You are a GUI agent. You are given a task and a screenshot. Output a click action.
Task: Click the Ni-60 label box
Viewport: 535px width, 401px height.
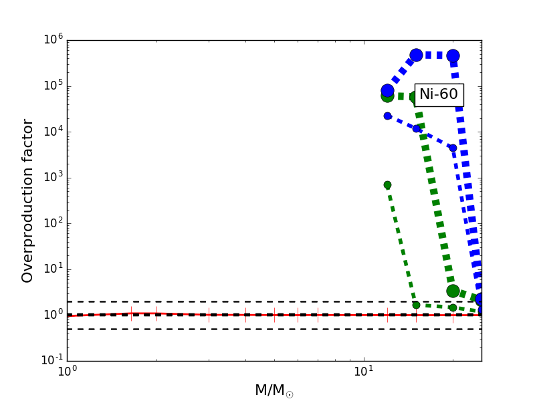pyautogui.click(x=439, y=94)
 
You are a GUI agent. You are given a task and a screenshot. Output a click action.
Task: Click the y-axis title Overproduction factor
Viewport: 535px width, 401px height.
pyautogui.click(x=28, y=200)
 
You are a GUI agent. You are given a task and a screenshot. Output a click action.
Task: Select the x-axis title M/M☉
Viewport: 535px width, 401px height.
pyautogui.click(x=274, y=390)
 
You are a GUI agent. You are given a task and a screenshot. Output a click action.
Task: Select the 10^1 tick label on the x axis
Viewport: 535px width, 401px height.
pyautogui.click(x=363, y=373)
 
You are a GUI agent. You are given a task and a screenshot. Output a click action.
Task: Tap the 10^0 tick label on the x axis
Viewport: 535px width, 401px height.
pyautogui.click(x=67, y=373)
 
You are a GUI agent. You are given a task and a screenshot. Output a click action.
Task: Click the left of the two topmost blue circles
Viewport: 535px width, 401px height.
pyautogui.click(x=416, y=55)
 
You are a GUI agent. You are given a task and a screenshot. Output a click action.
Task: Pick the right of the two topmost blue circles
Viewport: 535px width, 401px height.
pyautogui.click(x=453, y=55)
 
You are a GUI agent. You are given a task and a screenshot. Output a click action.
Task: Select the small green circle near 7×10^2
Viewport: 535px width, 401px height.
pyautogui.click(x=387, y=184)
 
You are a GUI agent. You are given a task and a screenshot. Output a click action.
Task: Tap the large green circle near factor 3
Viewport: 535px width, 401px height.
pyautogui.click(x=453, y=291)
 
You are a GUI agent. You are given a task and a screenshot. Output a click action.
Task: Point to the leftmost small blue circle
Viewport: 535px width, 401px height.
pyautogui.click(x=387, y=116)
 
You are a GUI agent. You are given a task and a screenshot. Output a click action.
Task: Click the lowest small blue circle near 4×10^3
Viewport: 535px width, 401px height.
pyautogui.click(x=453, y=148)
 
